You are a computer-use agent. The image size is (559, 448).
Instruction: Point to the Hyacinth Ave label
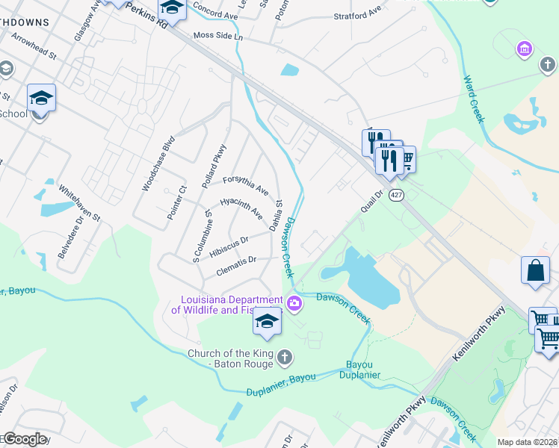[x=241, y=208]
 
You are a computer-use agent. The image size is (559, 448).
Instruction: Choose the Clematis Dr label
[x=236, y=264]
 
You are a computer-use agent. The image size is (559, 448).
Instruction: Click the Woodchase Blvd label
[x=158, y=163]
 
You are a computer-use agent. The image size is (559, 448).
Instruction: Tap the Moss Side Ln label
[x=217, y=36]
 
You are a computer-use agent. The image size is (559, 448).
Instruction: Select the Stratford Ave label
[x=357, y=14]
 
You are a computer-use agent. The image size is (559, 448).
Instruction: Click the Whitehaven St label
[x=79, y=202]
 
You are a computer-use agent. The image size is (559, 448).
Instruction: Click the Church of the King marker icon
[x=284, y=358]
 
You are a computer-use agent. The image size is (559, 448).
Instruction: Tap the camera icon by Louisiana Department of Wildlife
[x=294, y=302]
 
